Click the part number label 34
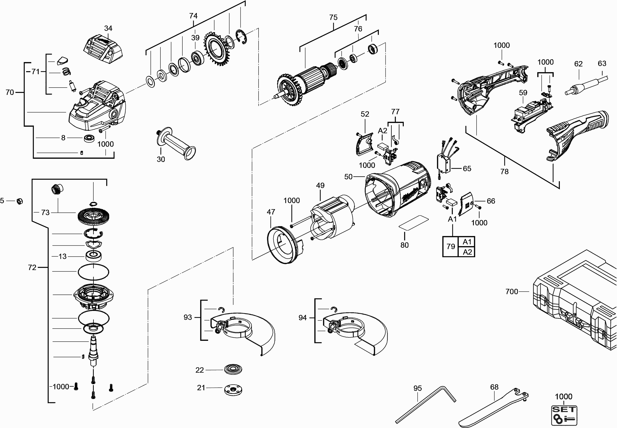point(108,28)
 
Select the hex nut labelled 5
point(19,201)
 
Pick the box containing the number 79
point(451,246)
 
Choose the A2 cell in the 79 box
point(467,252)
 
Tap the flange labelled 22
point(233,370)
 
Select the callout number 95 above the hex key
point(418,388)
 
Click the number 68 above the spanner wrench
point(494,387)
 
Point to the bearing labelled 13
point(94,256)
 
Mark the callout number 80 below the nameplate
point(404,245)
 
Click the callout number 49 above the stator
point(320,185)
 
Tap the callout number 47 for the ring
point(271,212)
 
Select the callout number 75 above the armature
point(333,17)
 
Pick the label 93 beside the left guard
point(188,317)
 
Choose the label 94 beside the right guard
point(303,318)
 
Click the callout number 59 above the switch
point(523,93)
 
